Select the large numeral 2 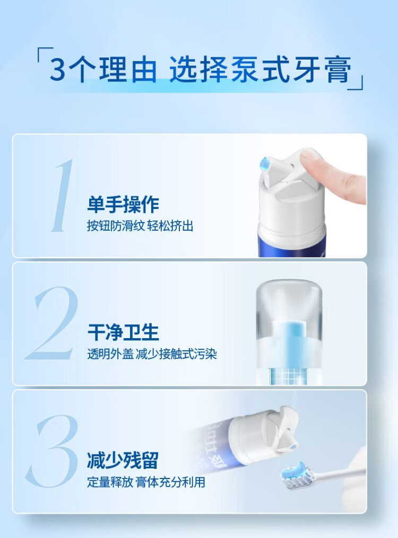(x=52, y=323)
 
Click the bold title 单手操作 (x=123, y=205)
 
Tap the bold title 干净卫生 (x=123, y=332)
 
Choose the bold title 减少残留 (x=123, y=460)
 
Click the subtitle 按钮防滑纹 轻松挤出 (x=140, y=226)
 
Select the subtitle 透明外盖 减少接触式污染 (x=152, y=354)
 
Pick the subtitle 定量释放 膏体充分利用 (x=146, y=482)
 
